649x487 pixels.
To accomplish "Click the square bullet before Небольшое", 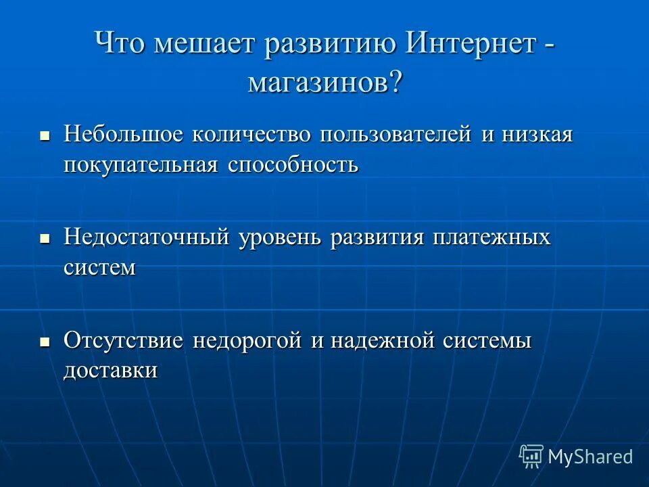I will [x=45, y=136].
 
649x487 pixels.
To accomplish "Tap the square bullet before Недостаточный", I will [x=45, y=239].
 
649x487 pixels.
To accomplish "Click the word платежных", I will [x=492, y=238].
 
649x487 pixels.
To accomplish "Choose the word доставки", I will [x=111, y=371].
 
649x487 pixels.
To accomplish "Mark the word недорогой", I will [x=247, y=340].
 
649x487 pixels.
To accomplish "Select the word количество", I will [x=251, y=134].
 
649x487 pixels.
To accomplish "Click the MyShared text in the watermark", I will [x=590, y=457].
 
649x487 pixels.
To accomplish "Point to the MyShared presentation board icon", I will [x=531, y=457].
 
